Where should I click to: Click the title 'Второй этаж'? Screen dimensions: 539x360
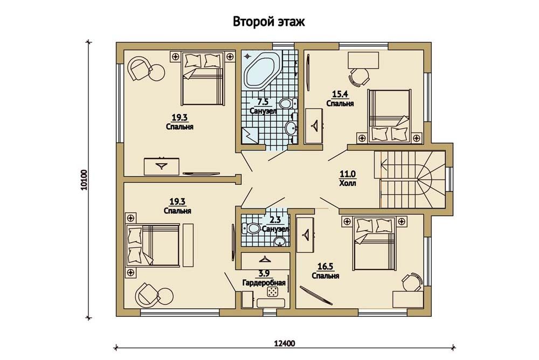(x=269, y=22)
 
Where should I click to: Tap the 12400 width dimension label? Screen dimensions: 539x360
(x=284, y=343)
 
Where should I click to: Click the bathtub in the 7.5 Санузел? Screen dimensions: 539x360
(x=261, y=71)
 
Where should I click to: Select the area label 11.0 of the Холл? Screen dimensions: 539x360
(x=347, y=174)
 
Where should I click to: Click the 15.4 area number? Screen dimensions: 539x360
(x=339, y=94)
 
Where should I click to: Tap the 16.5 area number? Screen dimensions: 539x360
(x=325, y=267)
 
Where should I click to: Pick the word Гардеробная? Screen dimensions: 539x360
(x=264, y=283)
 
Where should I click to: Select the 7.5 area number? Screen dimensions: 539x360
(x=262, y=102)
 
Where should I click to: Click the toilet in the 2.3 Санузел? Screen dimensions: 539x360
(x=251, y=227)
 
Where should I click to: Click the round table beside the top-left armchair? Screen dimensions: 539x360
(x=157, y=73)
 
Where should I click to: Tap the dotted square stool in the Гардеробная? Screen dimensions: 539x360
(x=273, y=292)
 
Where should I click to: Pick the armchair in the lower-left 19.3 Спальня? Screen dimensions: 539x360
(x=147, y=295)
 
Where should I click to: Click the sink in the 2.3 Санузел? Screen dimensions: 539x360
(x=280, y=241)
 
